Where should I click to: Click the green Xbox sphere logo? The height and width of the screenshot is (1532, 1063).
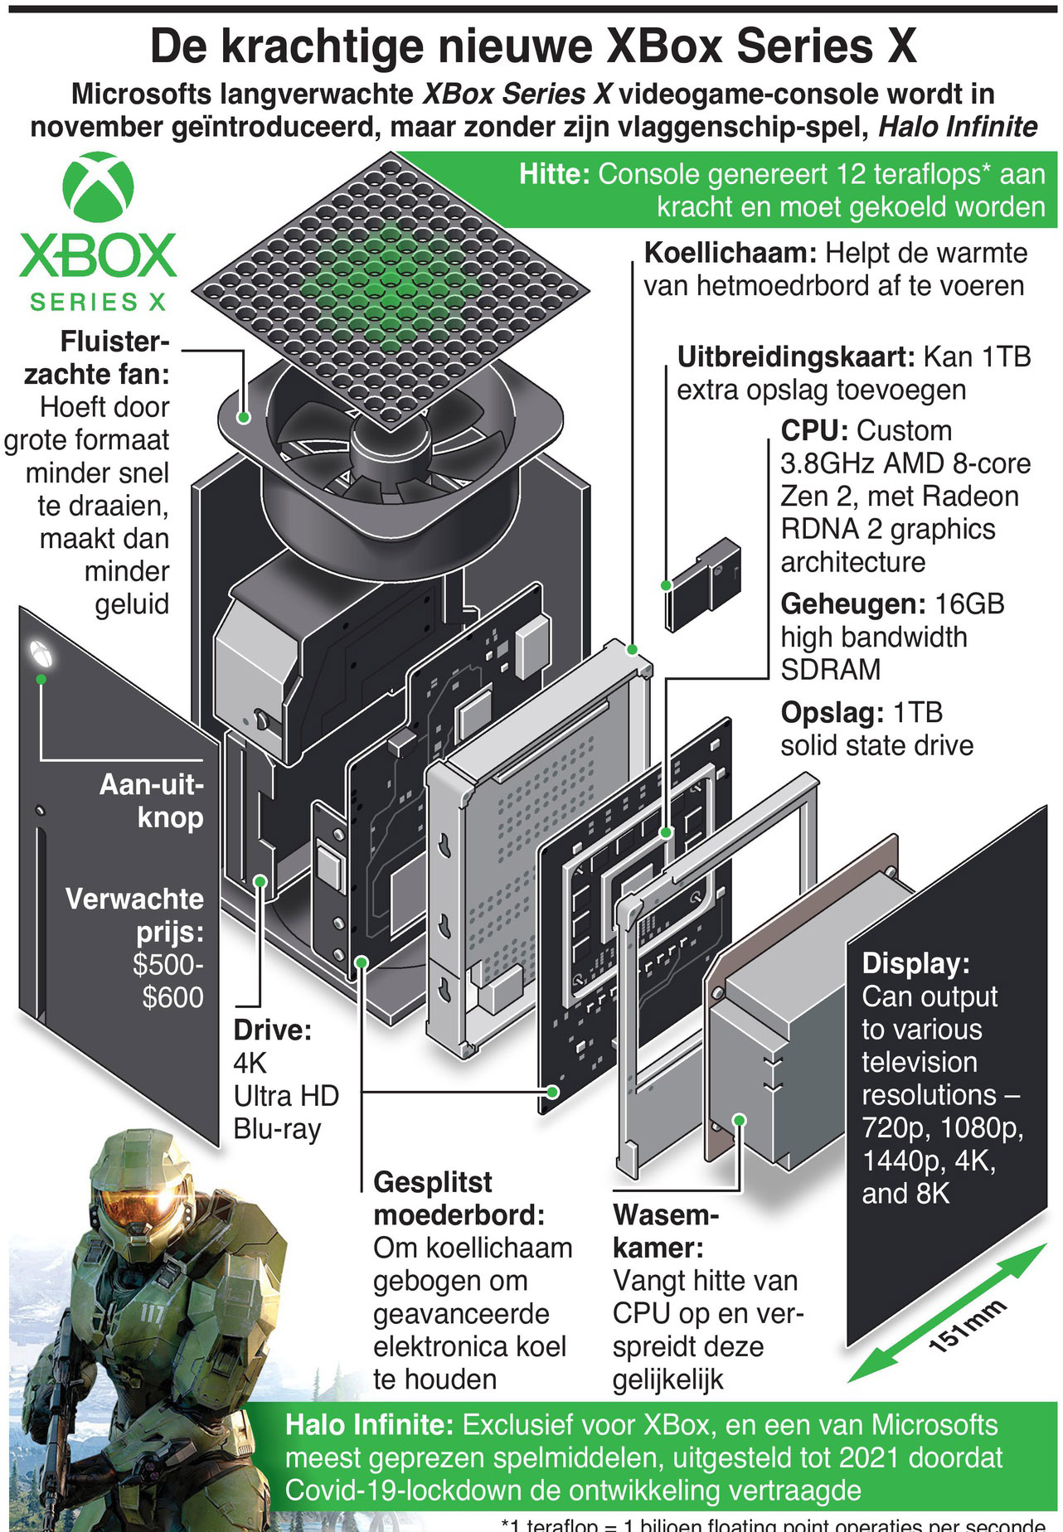pos(98,187)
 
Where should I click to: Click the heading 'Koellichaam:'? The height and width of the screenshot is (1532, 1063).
pos(731,253)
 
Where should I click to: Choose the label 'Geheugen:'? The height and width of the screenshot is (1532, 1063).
pos(853,604)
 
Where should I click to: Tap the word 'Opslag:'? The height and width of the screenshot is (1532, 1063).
pos(832,712)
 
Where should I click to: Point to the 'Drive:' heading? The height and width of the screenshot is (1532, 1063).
pos(272,1030)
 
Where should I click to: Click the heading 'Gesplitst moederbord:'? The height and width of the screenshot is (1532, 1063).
pos(458,1198)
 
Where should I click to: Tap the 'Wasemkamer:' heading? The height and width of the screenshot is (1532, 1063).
pos(665,1231)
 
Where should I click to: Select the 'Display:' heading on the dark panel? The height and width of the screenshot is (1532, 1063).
pos(915,963)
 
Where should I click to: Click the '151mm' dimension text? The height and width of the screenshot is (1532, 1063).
pos(967,1326)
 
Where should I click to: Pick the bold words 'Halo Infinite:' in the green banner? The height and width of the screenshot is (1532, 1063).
pos(369,1425)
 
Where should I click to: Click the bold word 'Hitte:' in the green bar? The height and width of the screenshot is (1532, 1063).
pos(554,174)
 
